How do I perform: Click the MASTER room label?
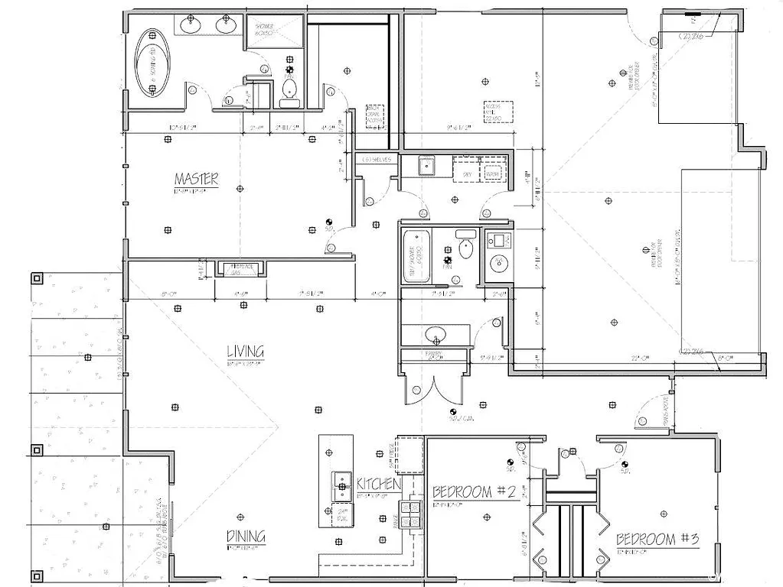[196, 180]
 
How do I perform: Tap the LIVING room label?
[245, 352]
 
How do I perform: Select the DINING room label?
[246, 537]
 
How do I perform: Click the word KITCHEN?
[378, 484]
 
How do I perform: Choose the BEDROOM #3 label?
[657, 539]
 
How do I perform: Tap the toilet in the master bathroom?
[289, 92]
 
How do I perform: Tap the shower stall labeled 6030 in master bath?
[272, 32]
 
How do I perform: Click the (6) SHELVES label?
[378, 159]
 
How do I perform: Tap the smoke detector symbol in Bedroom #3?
[625, 465]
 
